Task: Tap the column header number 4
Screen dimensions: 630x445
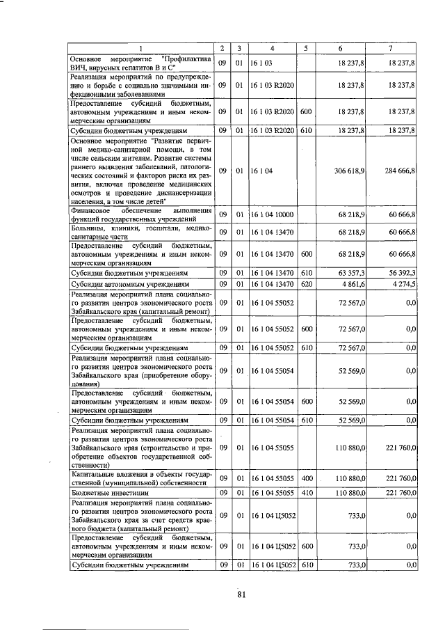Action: pyautogui.click(x=272, y=48)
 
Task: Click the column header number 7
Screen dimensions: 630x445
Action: pyautogui.click(x=392, y=48)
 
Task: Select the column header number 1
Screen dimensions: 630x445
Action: pyautogui.click(x=140, y=48)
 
